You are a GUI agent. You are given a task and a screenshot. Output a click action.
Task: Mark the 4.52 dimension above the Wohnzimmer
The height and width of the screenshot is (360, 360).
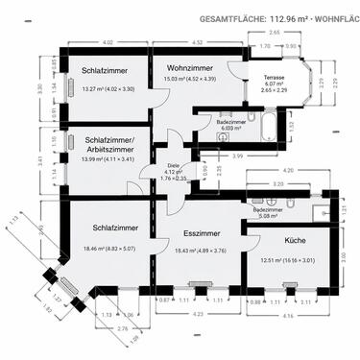[x=197, y=42]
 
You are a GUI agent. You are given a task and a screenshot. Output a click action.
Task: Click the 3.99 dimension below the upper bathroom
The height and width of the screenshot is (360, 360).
[x=236, y=156]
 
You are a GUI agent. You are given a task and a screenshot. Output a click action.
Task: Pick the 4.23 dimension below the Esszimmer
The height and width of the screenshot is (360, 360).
[x=196, y=313]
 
